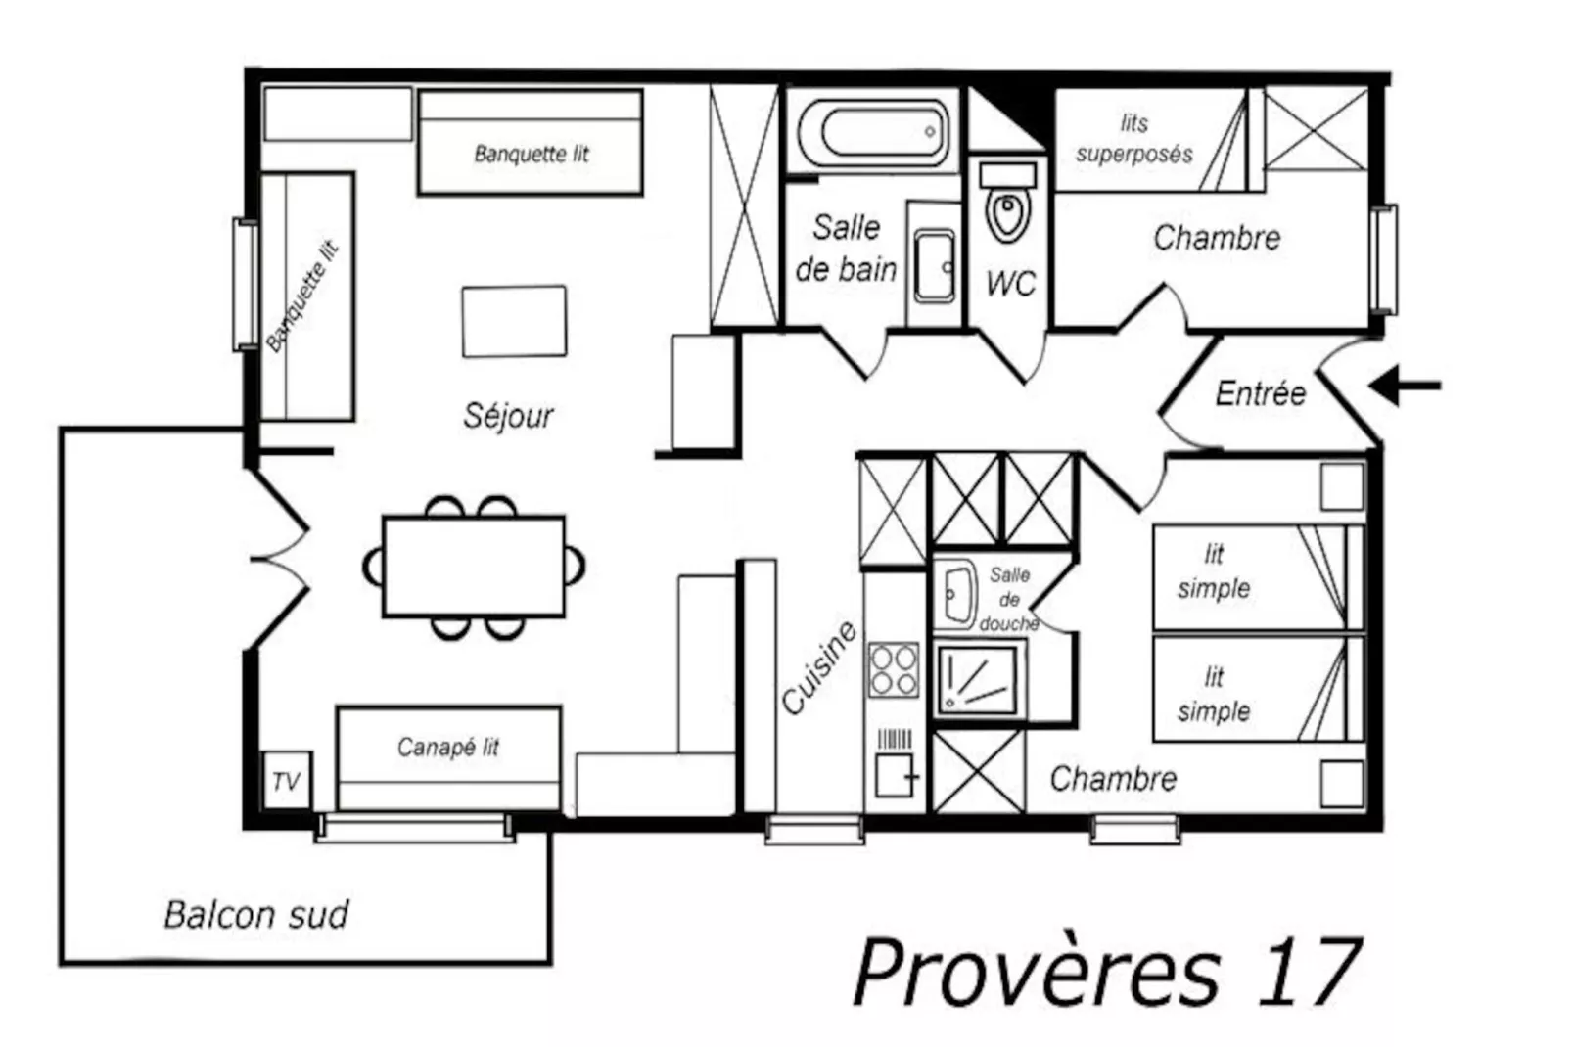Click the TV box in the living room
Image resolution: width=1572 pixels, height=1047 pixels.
coord(287,780)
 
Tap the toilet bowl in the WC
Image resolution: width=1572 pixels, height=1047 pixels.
coord(1008,214)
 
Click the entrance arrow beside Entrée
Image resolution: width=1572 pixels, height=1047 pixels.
coord(1405,386)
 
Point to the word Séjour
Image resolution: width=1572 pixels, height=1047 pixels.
coord(508,416)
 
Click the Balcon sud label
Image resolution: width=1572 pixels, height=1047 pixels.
coord(256,914)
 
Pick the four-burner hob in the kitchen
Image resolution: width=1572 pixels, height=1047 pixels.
coord(894,669)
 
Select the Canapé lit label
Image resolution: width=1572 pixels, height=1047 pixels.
coord(447,748)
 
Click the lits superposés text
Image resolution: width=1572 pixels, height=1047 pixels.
coord(1134,139)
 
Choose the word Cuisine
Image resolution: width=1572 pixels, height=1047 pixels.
coord(819,667)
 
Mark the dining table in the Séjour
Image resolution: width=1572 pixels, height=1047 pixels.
coord(474,567)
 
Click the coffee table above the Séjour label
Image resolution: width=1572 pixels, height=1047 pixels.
coord(514,321)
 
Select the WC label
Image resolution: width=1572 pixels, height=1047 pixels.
coord(1010,284)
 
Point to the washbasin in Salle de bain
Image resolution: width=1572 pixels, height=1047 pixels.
coord(934,266)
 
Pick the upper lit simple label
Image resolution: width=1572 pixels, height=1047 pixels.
coord(1214,571)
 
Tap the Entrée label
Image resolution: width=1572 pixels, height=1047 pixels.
coord(1261,393)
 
